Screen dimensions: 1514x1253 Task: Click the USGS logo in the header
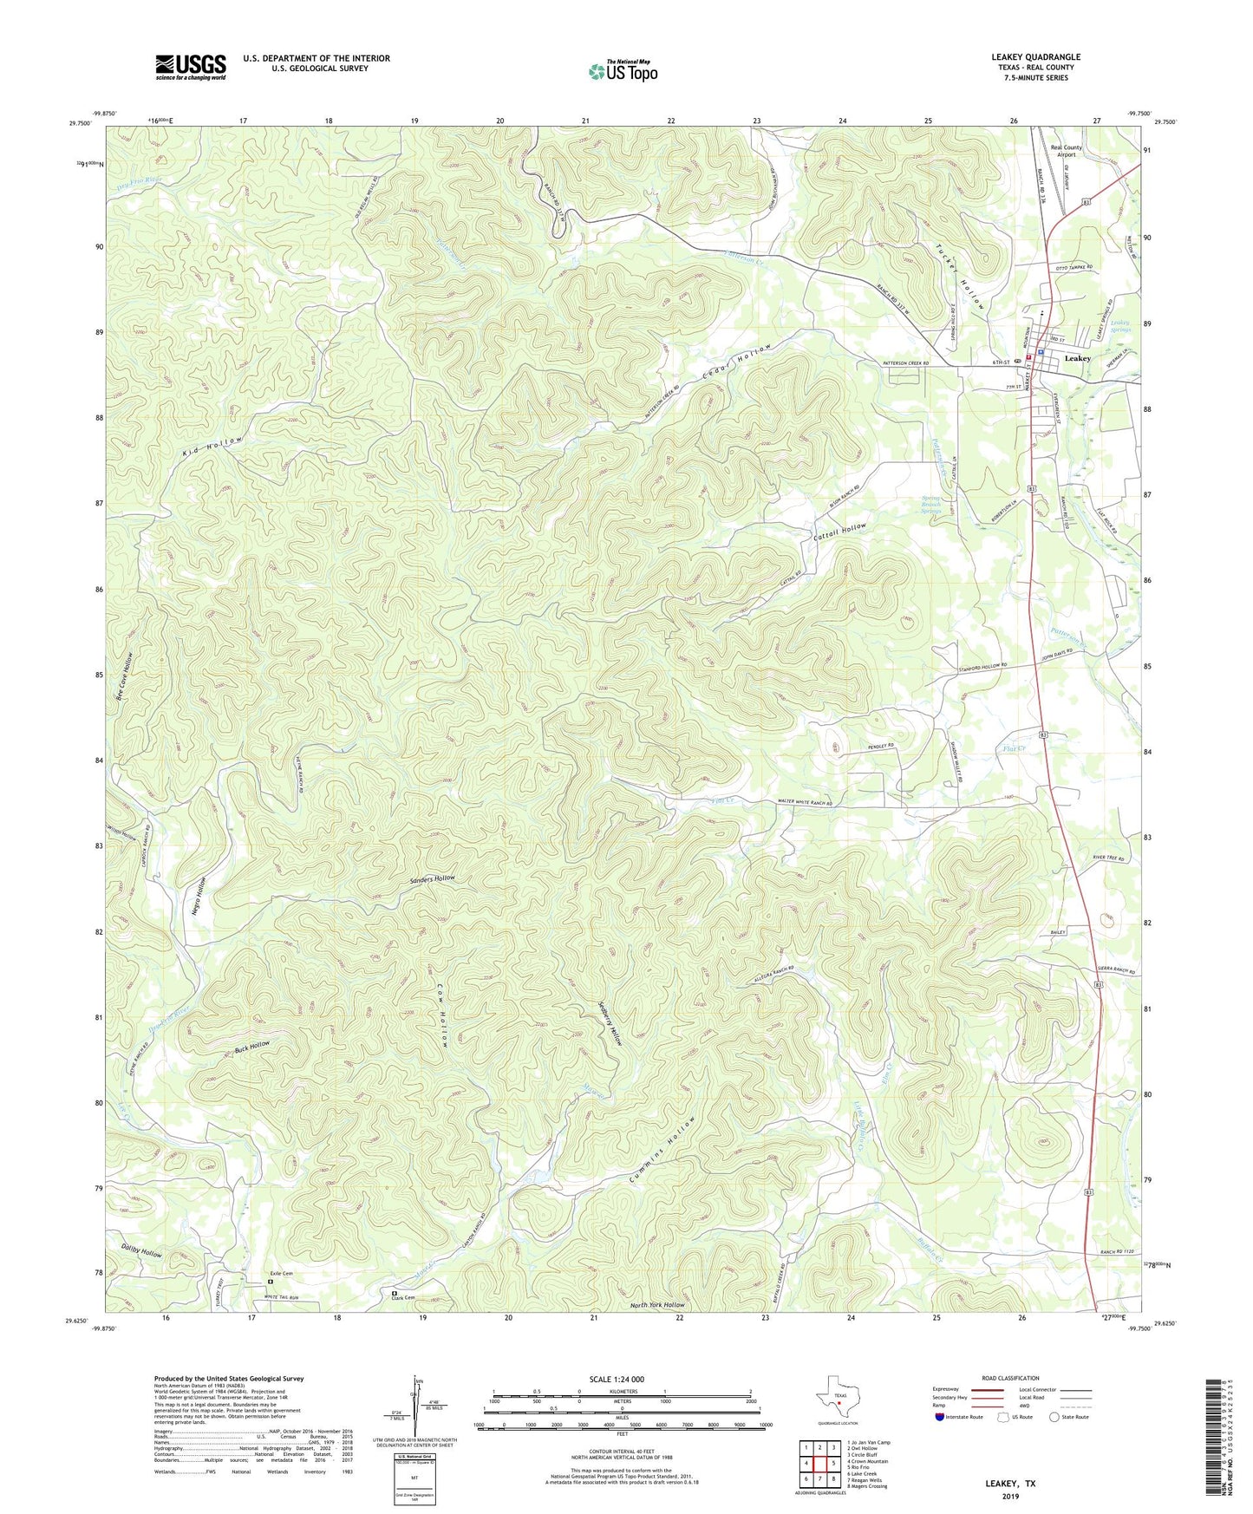tap(191, 67)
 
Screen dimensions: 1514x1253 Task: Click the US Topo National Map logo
tap(623, 71)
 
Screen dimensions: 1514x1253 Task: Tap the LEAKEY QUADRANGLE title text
tap(1035, 57)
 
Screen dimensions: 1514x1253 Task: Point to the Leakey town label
tap(1077, 358)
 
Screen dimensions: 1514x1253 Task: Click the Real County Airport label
tap(1066, 151)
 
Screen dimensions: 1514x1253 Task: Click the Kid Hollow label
tap(211, 447)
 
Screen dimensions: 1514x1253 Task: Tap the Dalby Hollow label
tap(142, 1253)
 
